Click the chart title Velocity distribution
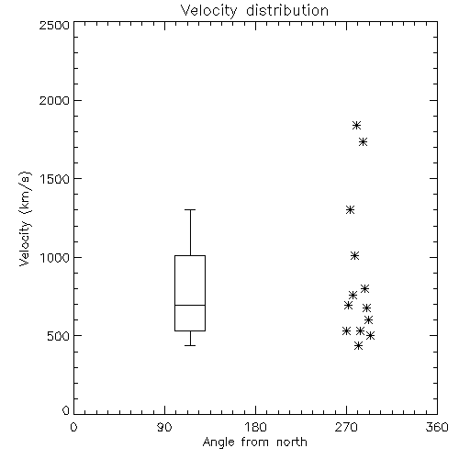pos(254,11)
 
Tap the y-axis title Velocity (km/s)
pos(25,218)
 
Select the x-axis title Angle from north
pos(255,442)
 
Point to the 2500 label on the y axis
pos(54,25)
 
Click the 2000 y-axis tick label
pos(54,100)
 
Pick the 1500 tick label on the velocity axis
pos(55,179)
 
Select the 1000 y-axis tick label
pos(55,257)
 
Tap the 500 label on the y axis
pos(59,336)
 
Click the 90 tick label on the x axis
pos(164,427)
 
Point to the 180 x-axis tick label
pos(255,427)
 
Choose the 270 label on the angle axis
pos(346,427)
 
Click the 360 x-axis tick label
pos(437,427)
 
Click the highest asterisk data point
pos(356,125)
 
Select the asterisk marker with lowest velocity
pos(358,346)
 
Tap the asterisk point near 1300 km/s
pos(350,210)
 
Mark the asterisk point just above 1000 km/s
pos(354,255)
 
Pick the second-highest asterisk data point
pos(363,142)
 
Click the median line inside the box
pos(190,305)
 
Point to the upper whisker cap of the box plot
pos(190,210)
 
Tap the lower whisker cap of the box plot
pos(190,345)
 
